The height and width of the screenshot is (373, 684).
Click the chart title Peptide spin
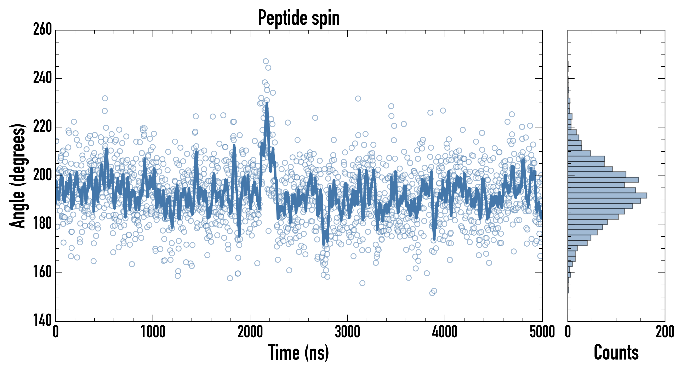click(x=299, y=18)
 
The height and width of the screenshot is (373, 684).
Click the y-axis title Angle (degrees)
click(x=18, y=176)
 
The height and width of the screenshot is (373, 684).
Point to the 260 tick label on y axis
click(x=42, y=29)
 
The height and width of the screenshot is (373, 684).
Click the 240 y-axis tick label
click(x=42, y=78)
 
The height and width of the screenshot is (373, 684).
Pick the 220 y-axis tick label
click(x=42, y=127)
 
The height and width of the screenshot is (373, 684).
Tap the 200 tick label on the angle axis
click(x=42, y=175)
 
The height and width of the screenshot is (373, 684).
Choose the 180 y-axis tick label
click(x=42, y=224)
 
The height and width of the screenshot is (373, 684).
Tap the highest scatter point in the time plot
click(x=266, y=61)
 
